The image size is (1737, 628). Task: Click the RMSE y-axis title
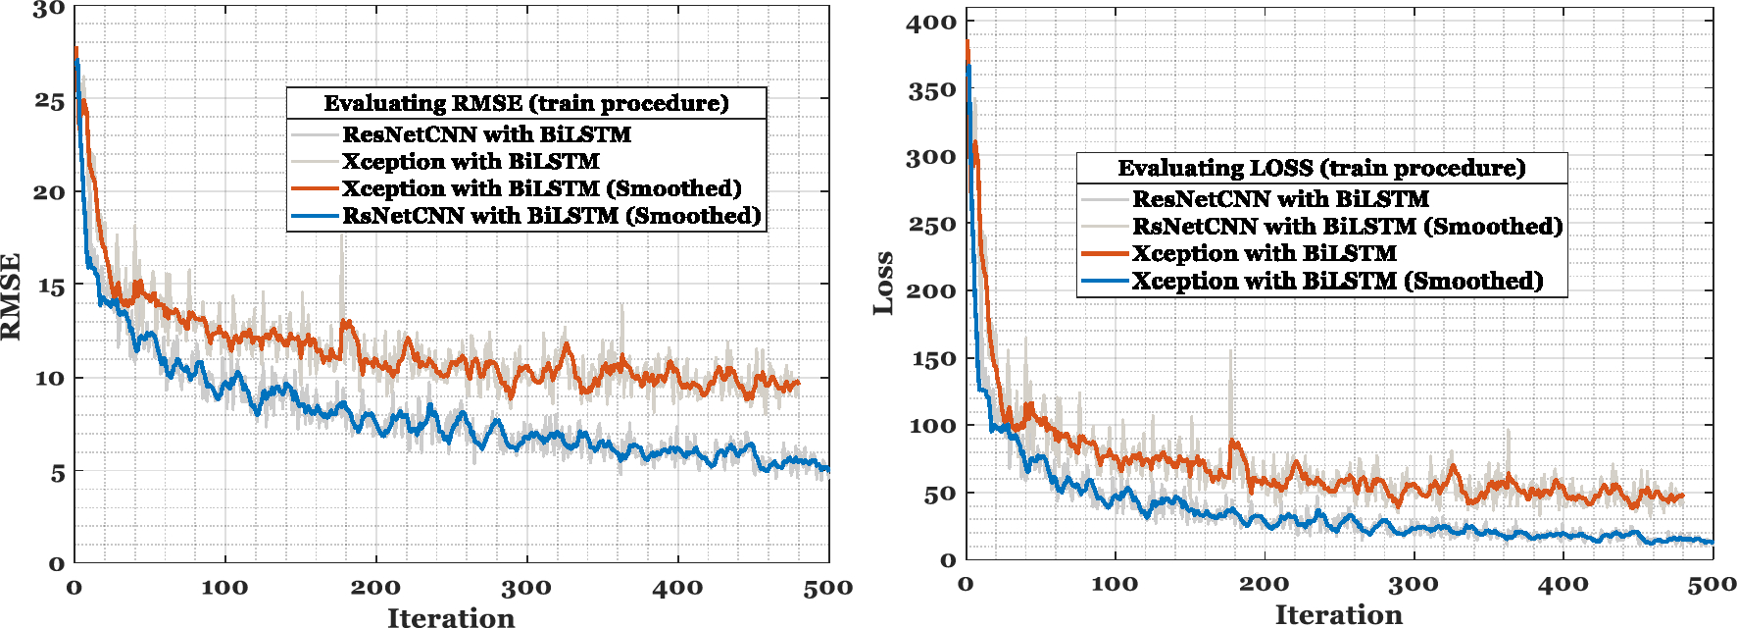coord(11,296)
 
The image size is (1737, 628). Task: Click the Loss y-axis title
coord(884,284)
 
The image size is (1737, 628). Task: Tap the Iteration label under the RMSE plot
coord(451,617)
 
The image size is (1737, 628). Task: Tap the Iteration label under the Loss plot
coord(1338,614)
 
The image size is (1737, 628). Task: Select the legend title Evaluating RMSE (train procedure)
coord(526,103)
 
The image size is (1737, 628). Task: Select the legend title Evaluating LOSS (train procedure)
coord(1321,168)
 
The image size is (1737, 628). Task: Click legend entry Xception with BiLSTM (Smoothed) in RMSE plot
coord(541,188)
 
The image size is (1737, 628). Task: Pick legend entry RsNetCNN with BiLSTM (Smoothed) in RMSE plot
coord(551,216)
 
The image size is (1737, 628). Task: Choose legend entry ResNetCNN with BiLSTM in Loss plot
coord(1280,199)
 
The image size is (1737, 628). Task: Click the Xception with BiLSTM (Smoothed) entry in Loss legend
coord(1337,282)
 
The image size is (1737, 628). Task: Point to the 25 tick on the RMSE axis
coord(49,101)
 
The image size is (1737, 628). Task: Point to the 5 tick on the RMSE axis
coord(57,473)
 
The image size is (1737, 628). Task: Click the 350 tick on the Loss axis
coord(930,90)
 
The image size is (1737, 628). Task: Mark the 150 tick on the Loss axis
coord(930,359)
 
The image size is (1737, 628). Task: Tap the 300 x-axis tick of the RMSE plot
coord(526,588)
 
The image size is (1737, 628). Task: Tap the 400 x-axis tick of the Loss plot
coord(1563,584)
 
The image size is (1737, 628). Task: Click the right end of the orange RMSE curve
coord(798,383)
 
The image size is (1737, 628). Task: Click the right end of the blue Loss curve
coord(1711,542)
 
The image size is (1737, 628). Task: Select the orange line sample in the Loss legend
coord(1105,253)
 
